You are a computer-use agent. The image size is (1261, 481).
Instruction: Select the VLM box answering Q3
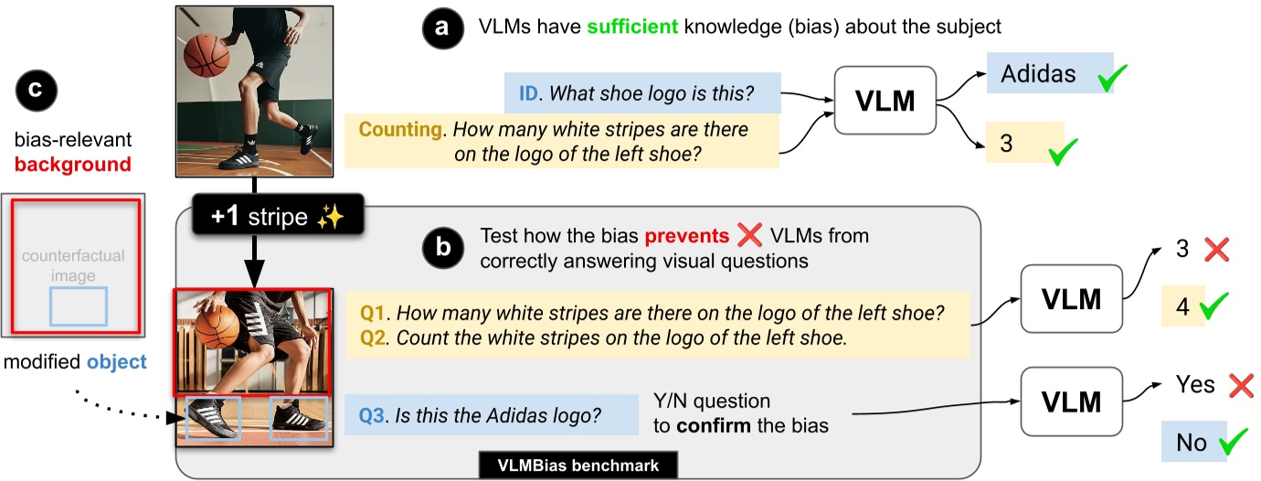1069,401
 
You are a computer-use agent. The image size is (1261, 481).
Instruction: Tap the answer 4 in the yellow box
1182,306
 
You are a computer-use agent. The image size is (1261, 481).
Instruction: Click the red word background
72,165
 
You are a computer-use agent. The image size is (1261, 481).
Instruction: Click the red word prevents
685,236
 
